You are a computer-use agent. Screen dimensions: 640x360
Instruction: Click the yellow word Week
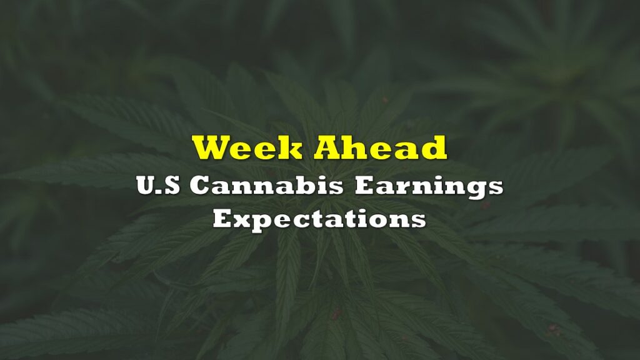pyautogui.click(x=247, y=147)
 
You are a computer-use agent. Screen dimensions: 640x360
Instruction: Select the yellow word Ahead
pyautogui.click(x=381, y=147)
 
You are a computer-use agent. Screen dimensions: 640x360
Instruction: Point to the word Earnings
pyautogui.click(x=429, y=187)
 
